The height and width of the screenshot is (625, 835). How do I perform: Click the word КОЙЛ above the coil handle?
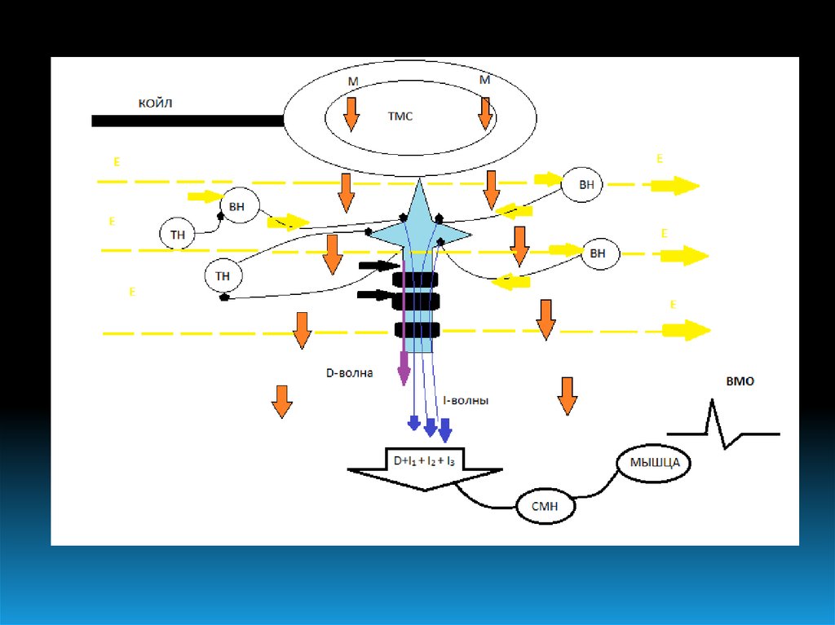tap(154, 103)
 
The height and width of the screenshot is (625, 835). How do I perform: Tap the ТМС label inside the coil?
tap(400, 117)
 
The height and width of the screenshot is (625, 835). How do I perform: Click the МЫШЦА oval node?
tap(654, 464)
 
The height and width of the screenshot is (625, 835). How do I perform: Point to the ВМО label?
tap(740, 381)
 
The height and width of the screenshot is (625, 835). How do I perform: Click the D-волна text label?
tap(349, 373)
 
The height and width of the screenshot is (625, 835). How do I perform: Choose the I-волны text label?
tap(466, 401)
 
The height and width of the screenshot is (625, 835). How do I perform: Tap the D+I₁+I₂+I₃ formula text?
tap(424, 460)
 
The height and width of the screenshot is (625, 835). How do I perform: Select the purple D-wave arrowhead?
tap(404, 375)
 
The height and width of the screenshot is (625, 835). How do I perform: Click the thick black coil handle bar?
tap(187, 121)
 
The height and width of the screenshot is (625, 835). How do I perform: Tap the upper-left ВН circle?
tap(236, 207)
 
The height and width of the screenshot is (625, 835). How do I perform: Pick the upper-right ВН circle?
tap(586, 185)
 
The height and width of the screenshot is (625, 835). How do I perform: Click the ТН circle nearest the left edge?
tap(178, 235)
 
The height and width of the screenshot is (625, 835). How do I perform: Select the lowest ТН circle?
tap(223, 276)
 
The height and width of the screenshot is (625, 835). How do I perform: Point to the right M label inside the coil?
tap(484, 80)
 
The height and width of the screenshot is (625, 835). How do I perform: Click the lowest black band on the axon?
tap(417, 330)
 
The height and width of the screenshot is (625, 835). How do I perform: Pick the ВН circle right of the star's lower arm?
tap(598, 253)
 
